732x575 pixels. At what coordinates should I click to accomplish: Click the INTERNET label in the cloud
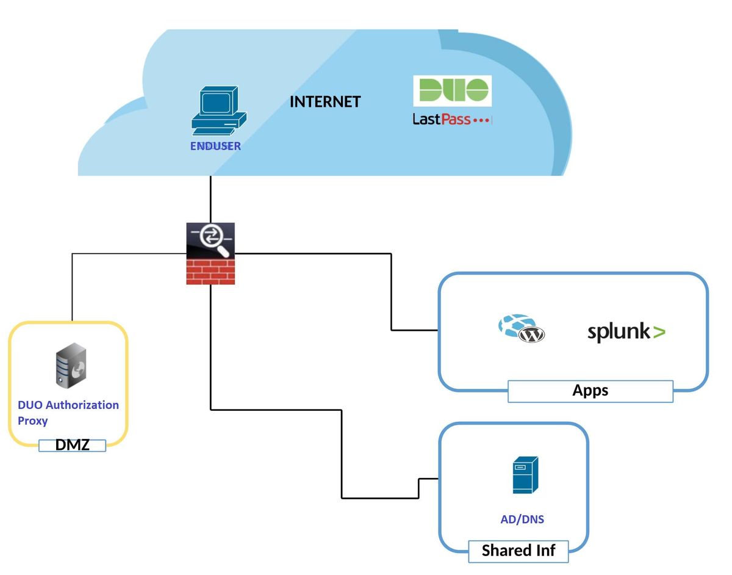coord(325,101)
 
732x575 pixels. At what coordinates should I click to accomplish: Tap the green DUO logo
coord(452,90)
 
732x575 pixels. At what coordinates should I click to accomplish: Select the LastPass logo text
coord(451,120)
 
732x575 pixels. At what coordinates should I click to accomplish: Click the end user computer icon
coord(218,111)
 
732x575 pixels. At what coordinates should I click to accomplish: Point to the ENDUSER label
coord(215,146)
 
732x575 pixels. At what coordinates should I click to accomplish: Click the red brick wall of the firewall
coord(210,270)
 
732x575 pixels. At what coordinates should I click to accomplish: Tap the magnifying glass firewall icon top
coord(210,239)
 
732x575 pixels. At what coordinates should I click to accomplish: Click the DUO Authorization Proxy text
coord(68,412)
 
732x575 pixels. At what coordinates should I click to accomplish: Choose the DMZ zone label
coord(73,445)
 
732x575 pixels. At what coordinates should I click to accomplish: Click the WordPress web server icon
coord(521,328)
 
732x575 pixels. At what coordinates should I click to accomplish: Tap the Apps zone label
coord(590,391)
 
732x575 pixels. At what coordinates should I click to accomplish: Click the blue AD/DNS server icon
coord(525,475)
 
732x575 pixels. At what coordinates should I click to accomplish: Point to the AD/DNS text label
coord(522,519)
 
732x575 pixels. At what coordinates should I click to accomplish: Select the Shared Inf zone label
coord(518,551)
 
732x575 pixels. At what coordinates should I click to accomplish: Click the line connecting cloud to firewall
coord(210,199)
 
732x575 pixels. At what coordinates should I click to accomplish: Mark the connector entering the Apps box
coord(415,330)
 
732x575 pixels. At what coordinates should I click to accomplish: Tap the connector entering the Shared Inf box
coord(428,479)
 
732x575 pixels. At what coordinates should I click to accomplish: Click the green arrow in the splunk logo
coord(659,333)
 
